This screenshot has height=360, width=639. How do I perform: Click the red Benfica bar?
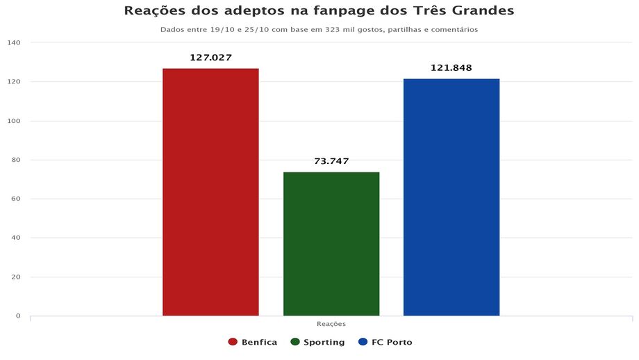pyautogui.click(x=210, y=192)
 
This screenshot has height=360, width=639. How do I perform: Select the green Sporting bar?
pyautogui.click(x=331, y=243)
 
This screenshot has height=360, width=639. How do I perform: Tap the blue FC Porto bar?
pyautogui.click(x=451, y=197)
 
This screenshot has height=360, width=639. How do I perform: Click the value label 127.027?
pyautogui.click(x=210, y=58)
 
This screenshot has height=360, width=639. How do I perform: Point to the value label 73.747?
pyautogui.click(x=331, y=161)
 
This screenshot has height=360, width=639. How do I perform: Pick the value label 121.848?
pyautogui.click(x=451, y=68)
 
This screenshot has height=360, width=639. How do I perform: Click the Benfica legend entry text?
pyautogui.click(x=260, y=343)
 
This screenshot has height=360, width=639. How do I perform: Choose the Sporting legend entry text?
pyautogui.click(x=324, y=343)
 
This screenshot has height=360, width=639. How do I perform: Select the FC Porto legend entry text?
pyautogui.click(x=392, y=343)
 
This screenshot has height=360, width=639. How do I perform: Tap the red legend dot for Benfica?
pyautogui.click(x=233, y=343)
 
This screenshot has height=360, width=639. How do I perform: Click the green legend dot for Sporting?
pyautogui.click(x=295, y=343)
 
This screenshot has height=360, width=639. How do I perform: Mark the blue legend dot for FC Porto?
pyautogui.click(x=363, y=343)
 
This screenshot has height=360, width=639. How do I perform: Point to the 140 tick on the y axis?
pyautogui.click(x=15, y=43)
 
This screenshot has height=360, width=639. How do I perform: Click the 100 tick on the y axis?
pyautogui.click(x=15, y=121)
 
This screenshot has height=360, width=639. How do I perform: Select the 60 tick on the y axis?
pyautogui.click(x=16, y=199)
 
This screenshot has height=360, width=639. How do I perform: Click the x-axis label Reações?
pyautogui.click(x=331, y=325)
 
